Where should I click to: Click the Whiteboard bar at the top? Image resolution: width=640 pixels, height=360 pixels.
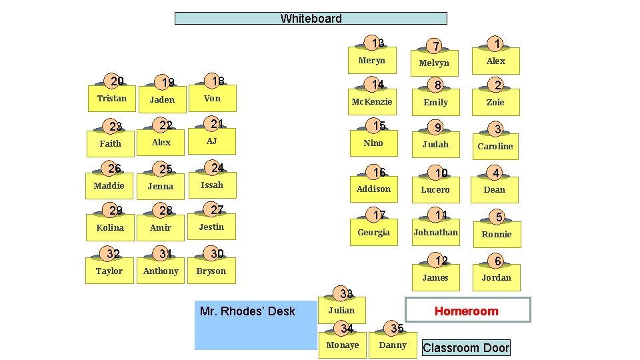click(x=311, y=19)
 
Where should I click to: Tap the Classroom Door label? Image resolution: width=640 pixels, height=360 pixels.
click(x=466, y=347)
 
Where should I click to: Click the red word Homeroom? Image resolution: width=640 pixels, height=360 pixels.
click(x=466, y=311)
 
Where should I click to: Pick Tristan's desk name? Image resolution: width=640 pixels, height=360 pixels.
click(x=111, y=99)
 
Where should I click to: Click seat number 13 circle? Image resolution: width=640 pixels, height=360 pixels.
click(x=377, y=43)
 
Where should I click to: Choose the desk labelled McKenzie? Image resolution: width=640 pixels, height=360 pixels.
click(x=372, y=102)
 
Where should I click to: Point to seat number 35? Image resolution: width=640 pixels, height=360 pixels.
click(x=397, y=328)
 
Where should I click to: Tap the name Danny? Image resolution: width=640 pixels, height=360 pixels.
click(x=393, y=345)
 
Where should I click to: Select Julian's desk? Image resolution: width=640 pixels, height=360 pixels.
click(x=341, y=311)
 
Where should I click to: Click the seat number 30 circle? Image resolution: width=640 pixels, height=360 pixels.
click(x=217, y=254)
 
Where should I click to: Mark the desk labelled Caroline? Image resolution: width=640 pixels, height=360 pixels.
click(x=495, y=146)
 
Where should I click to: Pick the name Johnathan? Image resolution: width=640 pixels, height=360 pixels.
click(x=435, y=233)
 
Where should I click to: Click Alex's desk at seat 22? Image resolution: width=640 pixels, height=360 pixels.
click(x=161, y=143)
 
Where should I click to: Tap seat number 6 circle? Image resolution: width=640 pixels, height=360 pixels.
click(x=497, y=261)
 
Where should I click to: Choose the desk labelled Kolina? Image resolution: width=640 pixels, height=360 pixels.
click(x=110, y=228)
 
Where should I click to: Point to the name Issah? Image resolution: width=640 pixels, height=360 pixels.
click(x=211, y=185)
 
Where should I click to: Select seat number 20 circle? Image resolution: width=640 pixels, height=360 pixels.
click(x=117, y=81)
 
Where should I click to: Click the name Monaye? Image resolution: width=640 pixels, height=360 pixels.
click(x=343, y=345)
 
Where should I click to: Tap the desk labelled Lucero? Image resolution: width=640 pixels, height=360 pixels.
click(x=435, y=190)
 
